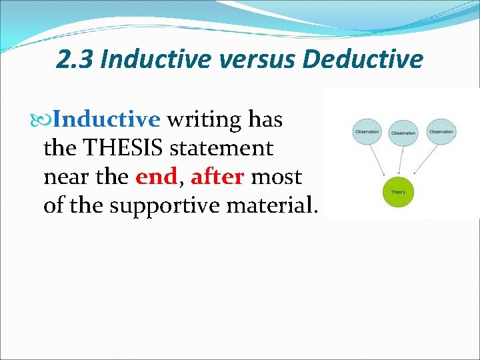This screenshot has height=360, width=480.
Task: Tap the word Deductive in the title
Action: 363,60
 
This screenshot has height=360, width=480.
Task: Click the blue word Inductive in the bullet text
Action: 107,120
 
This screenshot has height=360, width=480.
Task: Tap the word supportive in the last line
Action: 165,205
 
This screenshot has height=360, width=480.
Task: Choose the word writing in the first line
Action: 203,120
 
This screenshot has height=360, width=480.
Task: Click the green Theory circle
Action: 398,192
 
